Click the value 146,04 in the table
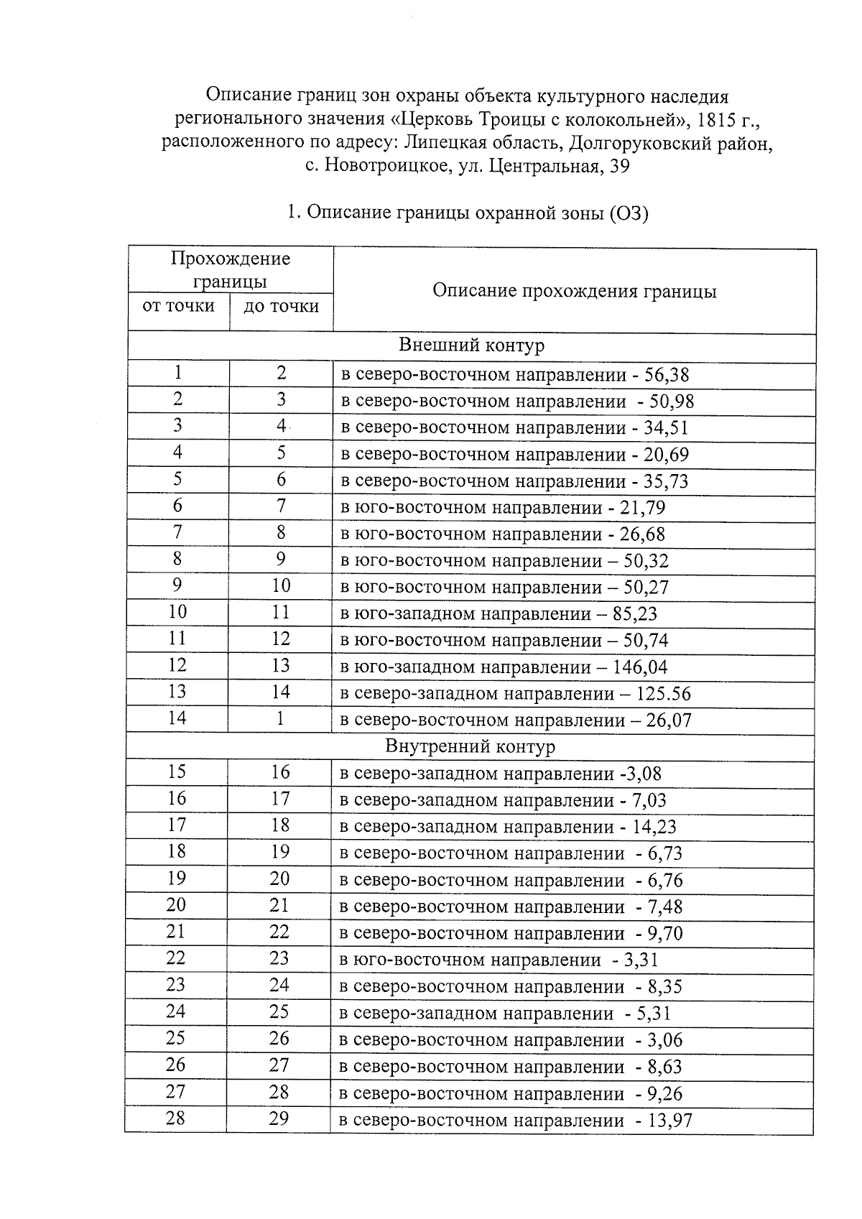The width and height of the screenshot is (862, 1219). click(x=640, y=667)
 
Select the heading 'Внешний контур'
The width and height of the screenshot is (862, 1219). click(x=471, y=346)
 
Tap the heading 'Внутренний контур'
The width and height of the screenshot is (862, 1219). click(x=470, y=746)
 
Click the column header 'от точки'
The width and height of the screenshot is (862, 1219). click(x=178, y=306)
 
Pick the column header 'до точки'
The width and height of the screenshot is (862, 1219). click(x=281, y=307)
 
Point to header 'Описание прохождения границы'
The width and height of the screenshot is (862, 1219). click(x=574, y=291)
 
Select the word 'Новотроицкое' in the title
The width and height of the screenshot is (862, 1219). click(x=387, y=167)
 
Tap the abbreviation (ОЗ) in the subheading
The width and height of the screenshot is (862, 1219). click(x=629, y=213)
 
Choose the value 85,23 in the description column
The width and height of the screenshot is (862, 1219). click(x=635, y=614)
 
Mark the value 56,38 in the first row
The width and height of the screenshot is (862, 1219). click(x=667, y=375)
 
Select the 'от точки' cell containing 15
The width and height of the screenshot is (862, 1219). click(x=177, y=772)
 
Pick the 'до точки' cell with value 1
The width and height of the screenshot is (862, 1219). click(x=280, y=718)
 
